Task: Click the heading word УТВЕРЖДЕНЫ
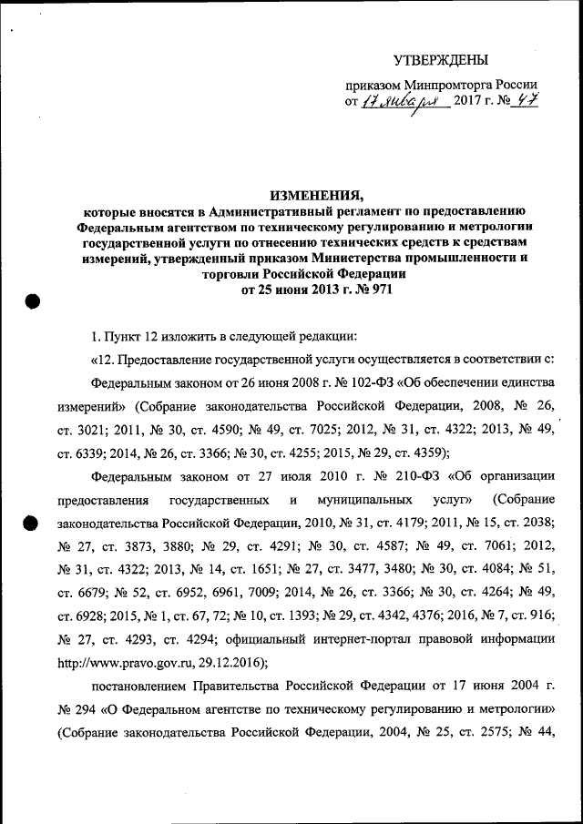pyautogui.click(x=440, y=60)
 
